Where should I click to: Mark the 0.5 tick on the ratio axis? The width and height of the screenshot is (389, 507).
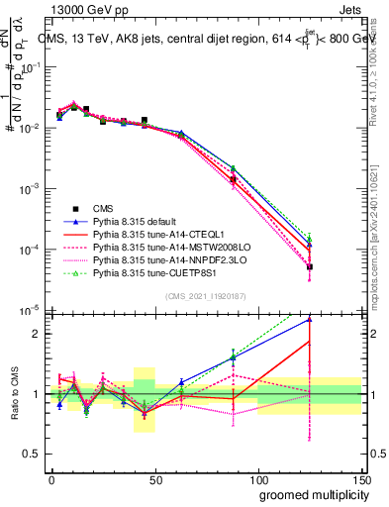point(33,454)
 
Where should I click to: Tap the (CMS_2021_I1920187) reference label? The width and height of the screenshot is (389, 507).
point(206,296)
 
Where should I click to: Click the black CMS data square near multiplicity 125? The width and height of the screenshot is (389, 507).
point(310,267)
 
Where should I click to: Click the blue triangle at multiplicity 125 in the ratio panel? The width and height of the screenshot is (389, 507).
point(310,319)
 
